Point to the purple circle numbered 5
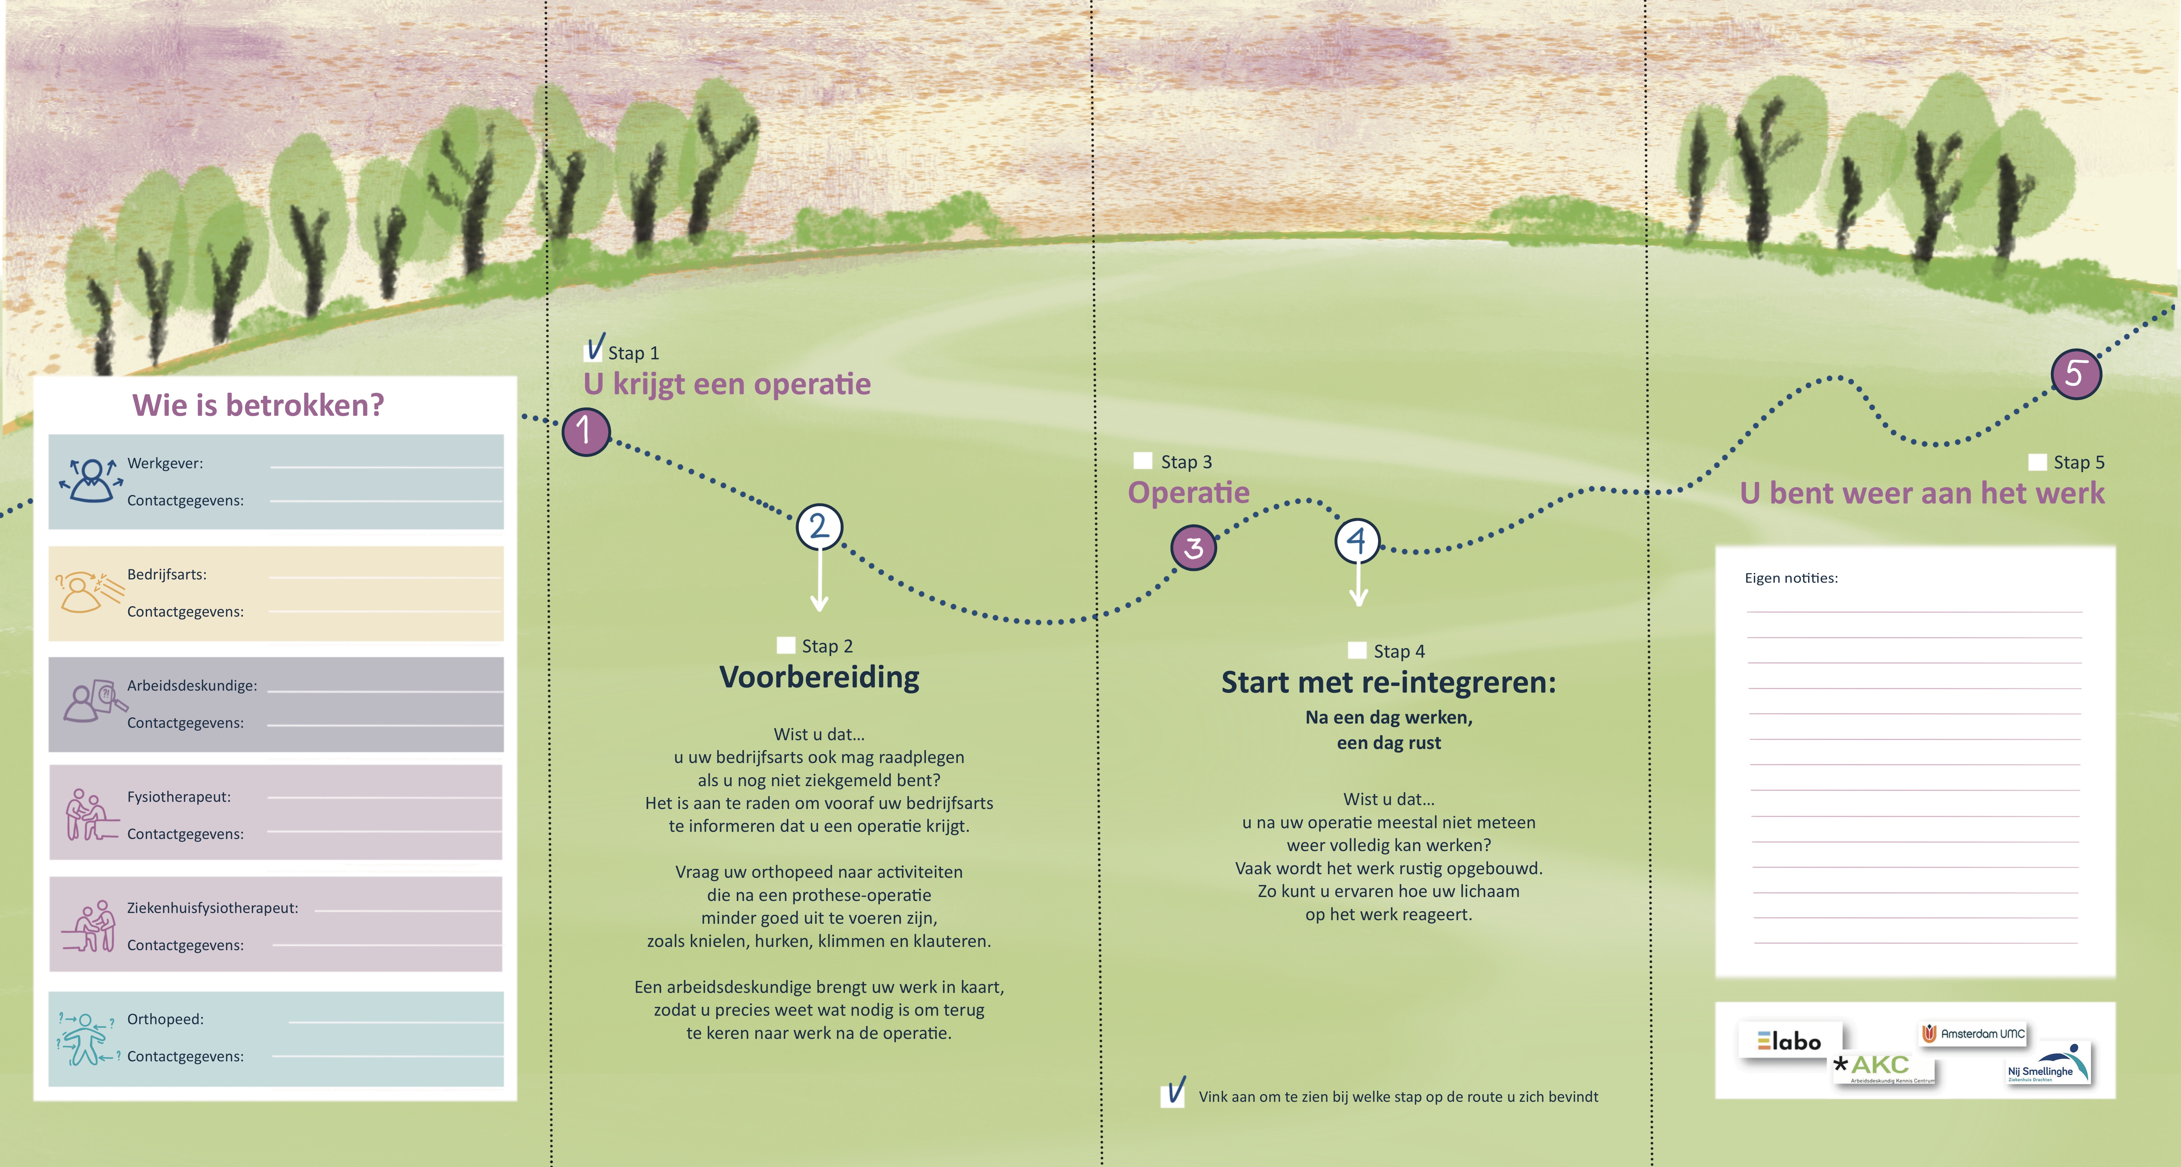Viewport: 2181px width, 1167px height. click(2075, 373)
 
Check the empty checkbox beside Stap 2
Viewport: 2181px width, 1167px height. click(786, 646)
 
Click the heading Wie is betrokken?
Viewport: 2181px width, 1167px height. click(258, 405)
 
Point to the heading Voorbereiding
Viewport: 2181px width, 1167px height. click(819, 677)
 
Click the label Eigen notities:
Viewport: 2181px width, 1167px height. click(1791, 578)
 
